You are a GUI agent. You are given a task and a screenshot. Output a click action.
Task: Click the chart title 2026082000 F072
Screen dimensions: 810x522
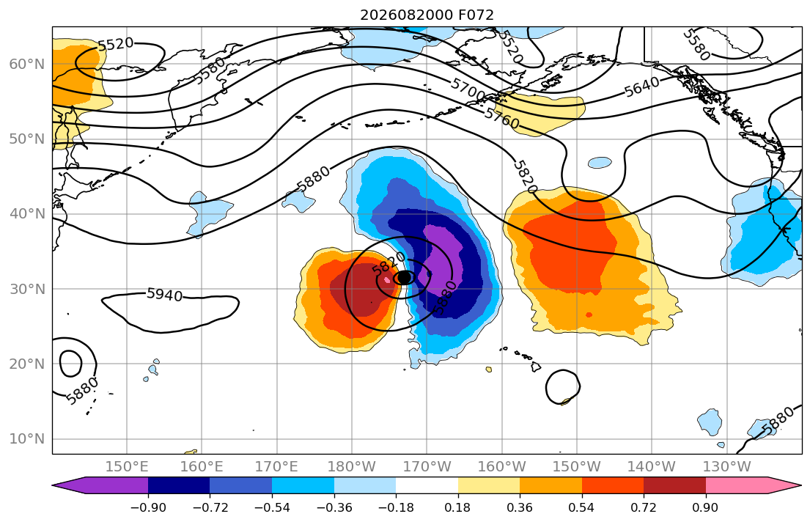coord(427,15)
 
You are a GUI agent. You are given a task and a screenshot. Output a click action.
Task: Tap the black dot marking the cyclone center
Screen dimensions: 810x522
coord(405,278)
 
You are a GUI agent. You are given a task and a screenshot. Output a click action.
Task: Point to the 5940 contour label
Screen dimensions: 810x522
coord(165,295)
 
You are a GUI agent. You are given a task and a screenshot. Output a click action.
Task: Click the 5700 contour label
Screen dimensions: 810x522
coord(468,89)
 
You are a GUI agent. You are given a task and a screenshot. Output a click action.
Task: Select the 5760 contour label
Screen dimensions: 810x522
coord(501,119)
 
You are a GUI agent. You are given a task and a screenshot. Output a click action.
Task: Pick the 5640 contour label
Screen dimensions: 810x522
coord(641,87)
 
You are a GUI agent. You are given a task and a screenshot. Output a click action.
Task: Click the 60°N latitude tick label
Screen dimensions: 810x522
coord(27,64)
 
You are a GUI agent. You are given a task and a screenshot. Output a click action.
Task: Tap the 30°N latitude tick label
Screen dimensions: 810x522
coord(27,289)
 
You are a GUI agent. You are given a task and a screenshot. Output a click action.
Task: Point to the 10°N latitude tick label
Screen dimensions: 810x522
coord(27,439)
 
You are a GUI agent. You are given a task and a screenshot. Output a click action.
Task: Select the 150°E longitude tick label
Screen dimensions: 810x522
coord(127,467)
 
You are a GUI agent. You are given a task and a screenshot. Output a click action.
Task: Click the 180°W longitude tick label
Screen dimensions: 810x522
coord(352,467)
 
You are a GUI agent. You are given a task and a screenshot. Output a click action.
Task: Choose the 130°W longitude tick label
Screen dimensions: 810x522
coord(727,467)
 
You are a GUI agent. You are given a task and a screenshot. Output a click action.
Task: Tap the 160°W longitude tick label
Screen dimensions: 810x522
coord(501,467)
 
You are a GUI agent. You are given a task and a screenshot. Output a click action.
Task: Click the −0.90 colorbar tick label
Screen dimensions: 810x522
coord(148,507)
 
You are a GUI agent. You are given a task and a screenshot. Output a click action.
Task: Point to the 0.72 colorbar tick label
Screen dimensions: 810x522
coord(643,507)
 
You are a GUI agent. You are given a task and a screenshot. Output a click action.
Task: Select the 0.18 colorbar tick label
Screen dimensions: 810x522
coord(457,507)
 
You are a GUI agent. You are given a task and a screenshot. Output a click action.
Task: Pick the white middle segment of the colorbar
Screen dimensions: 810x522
coord(427,485)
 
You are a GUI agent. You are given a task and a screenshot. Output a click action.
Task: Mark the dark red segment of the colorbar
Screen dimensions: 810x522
coord(674,485)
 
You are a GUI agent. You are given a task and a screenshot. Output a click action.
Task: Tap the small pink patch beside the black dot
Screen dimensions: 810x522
coord(388,279)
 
